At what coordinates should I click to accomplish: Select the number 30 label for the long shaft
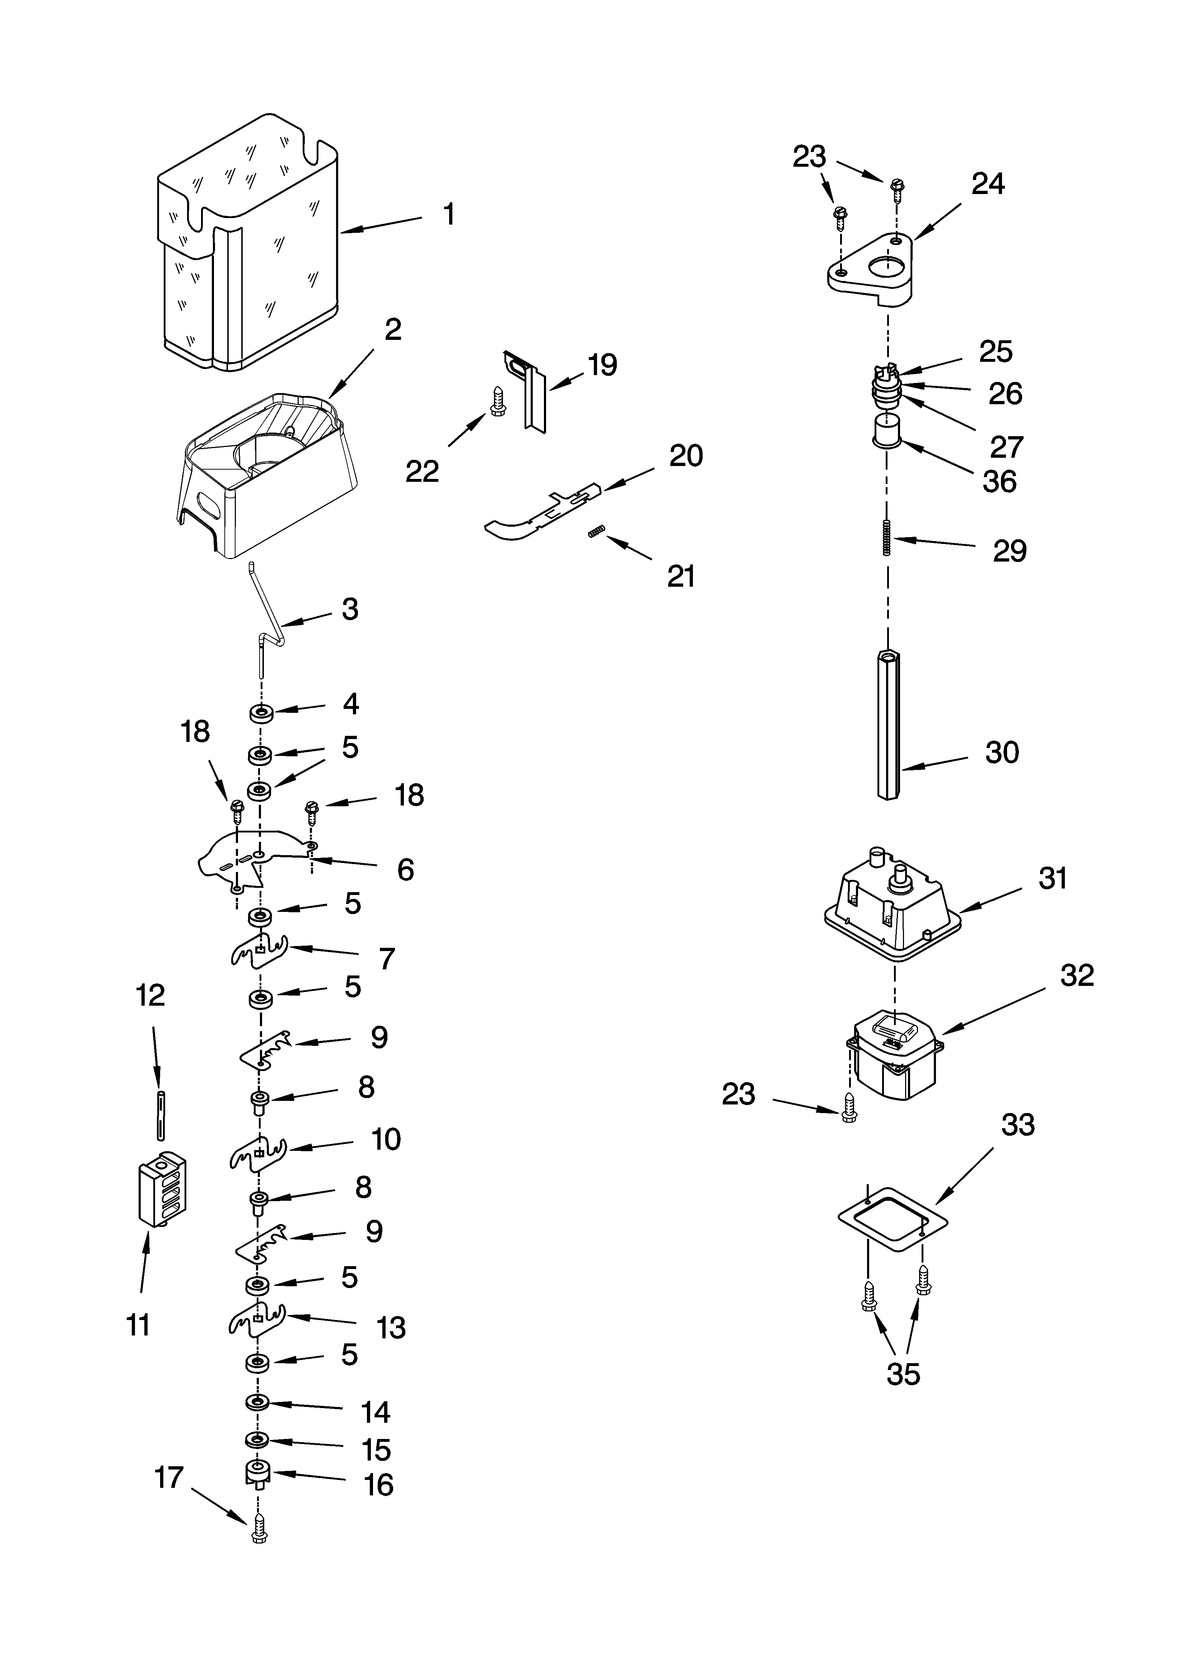coord(1001,752)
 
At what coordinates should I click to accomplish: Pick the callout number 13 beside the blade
coord(391,1327)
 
